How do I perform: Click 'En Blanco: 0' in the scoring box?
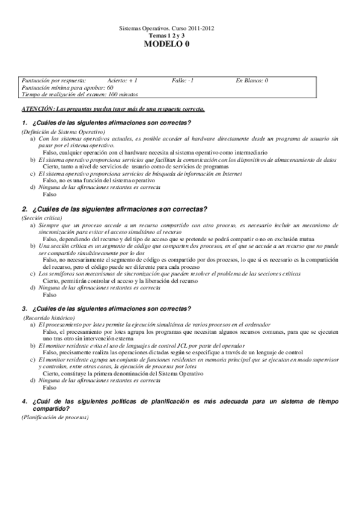coord(252,80)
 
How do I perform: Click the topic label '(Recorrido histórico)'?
coord(49,317)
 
